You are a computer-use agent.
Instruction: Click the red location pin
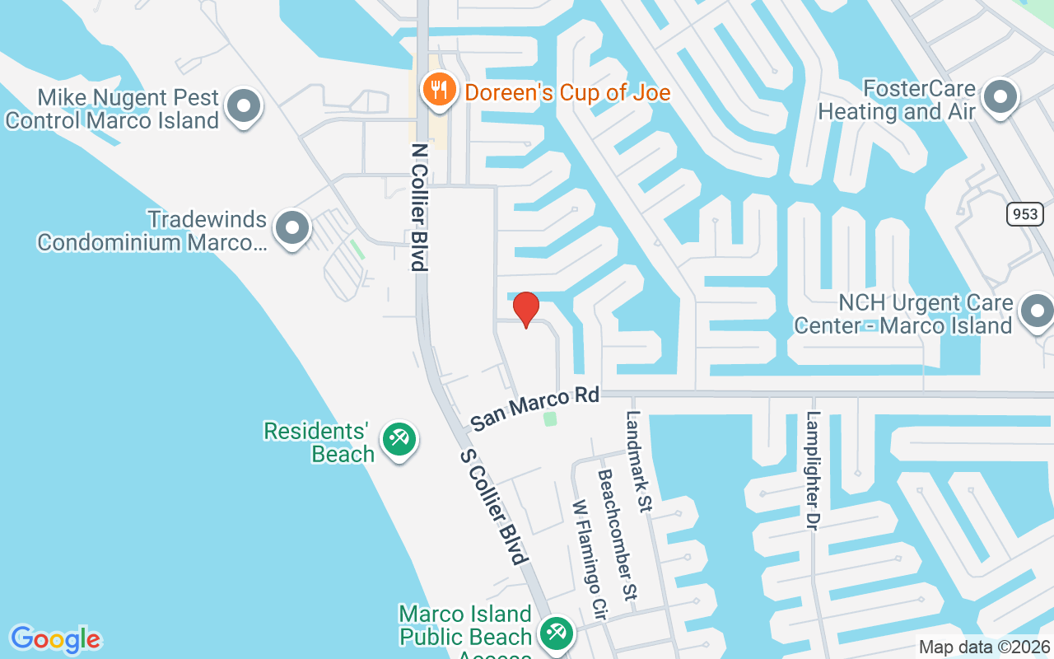[525, 309]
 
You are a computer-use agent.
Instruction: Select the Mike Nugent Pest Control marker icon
[243, 106]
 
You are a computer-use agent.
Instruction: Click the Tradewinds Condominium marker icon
[291, 228]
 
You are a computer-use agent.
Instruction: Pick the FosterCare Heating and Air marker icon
[1000, 96]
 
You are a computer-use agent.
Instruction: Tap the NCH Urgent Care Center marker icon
[1036, 311]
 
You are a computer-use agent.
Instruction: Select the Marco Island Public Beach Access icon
[556, 633]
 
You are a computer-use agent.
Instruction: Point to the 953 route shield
[1024, 214]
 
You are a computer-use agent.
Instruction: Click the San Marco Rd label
[534, 409]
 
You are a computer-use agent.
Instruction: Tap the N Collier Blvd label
[420, 208]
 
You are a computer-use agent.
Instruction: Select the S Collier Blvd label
[493, 507]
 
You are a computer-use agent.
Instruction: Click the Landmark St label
[638, 461]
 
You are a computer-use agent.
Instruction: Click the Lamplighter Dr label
[814, 470]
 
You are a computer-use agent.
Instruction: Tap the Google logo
[55, 639]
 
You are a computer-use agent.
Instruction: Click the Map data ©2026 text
[984, 647]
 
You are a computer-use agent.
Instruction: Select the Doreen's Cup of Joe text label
[567, 91]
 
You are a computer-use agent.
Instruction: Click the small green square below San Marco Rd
[550, 418]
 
